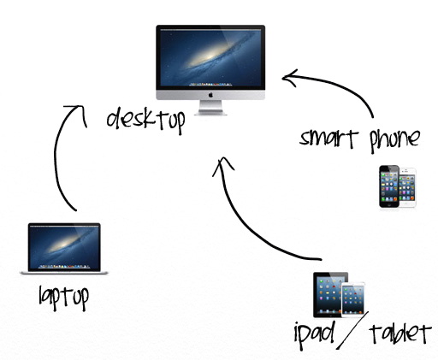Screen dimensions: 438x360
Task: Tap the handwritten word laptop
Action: point(64,298)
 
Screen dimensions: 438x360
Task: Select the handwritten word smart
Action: point(328,139)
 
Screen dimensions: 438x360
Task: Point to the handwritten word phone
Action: point(395,140)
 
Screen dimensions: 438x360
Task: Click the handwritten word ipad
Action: point(314,335)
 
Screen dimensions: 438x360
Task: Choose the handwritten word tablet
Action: point(400,333)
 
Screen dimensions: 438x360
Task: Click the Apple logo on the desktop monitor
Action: point(210,95)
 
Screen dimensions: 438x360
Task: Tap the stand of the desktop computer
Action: point(210,108)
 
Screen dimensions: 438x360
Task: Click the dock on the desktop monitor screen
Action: point(210,85)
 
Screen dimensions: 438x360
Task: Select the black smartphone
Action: point(389,186)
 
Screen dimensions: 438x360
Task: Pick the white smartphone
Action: point(408,188)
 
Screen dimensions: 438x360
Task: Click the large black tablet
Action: point(328,295)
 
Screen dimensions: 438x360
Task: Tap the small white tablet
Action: point(353,300)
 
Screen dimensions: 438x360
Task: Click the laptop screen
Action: point(64,247)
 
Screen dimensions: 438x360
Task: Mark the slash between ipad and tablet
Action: point(352,330)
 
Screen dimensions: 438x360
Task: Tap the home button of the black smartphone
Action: point(388,204)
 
